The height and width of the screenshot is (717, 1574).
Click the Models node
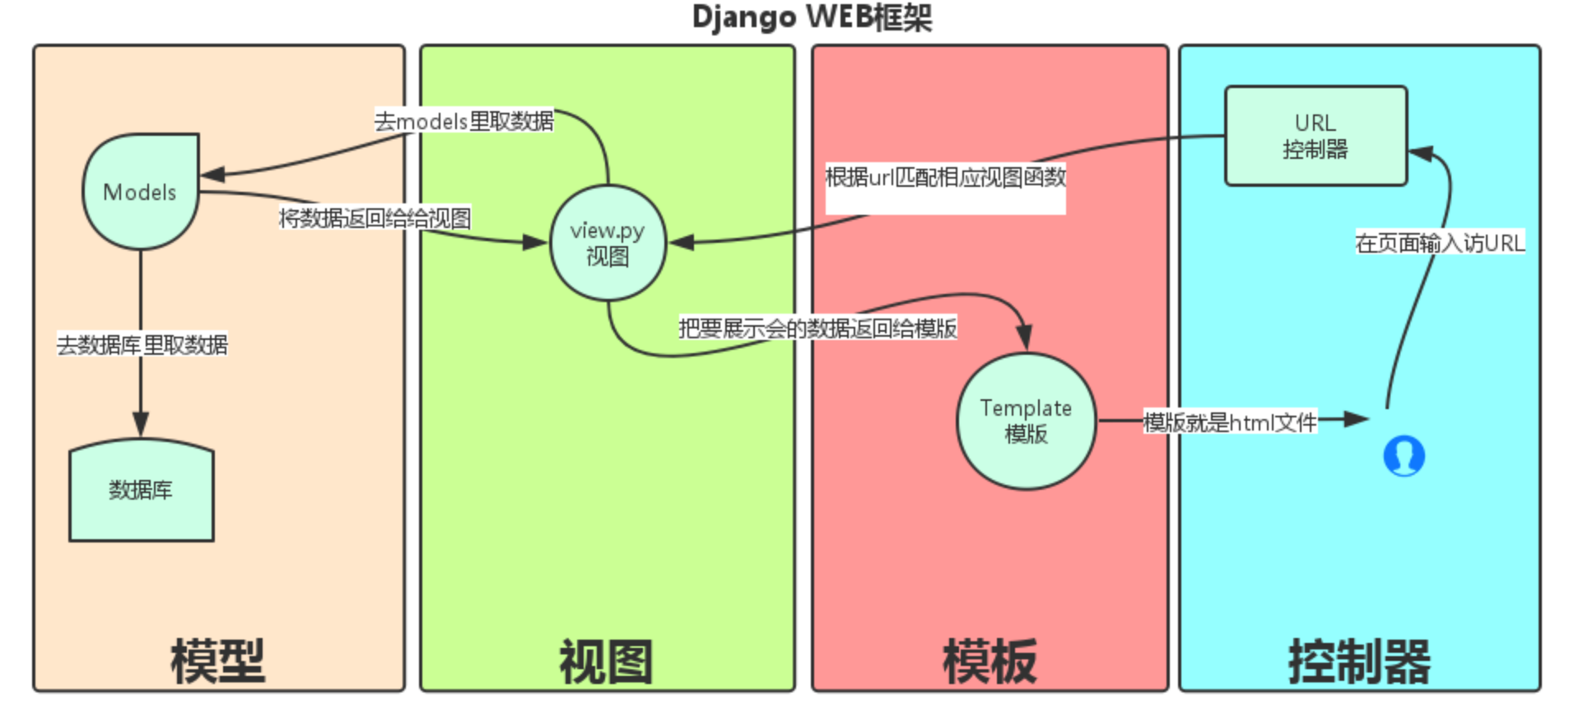pos(140,192)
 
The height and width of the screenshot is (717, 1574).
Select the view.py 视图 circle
pos(608,243)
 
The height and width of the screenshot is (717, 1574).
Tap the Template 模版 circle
pos(1026,421)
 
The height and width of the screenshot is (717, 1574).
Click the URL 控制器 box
pos(1316,136)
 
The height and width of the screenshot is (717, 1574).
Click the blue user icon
pos(1404,455)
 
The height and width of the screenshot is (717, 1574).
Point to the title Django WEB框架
pos(812,17)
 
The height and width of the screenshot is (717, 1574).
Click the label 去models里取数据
pos(464,121)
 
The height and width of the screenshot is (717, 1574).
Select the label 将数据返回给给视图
pos(375,218)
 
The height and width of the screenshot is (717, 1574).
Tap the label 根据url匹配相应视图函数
pos(945,177)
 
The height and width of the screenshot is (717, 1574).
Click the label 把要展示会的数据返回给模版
pos(817,328)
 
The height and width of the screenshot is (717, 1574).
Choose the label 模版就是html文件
pos(1230,422)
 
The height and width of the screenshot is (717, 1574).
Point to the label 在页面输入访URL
pos(1440,243)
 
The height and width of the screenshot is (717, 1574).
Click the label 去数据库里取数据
pos(142,344)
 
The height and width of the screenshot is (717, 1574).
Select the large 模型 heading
pos(218,661)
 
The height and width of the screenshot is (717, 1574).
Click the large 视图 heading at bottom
pos(607,661)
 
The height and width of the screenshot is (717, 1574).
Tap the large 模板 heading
pos(990,661)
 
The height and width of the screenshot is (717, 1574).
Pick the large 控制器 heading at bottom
pos(1359,661)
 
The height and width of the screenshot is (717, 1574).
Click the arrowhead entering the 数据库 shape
pos(141,425)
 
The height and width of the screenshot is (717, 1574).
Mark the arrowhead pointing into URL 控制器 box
pos(1421,153)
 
